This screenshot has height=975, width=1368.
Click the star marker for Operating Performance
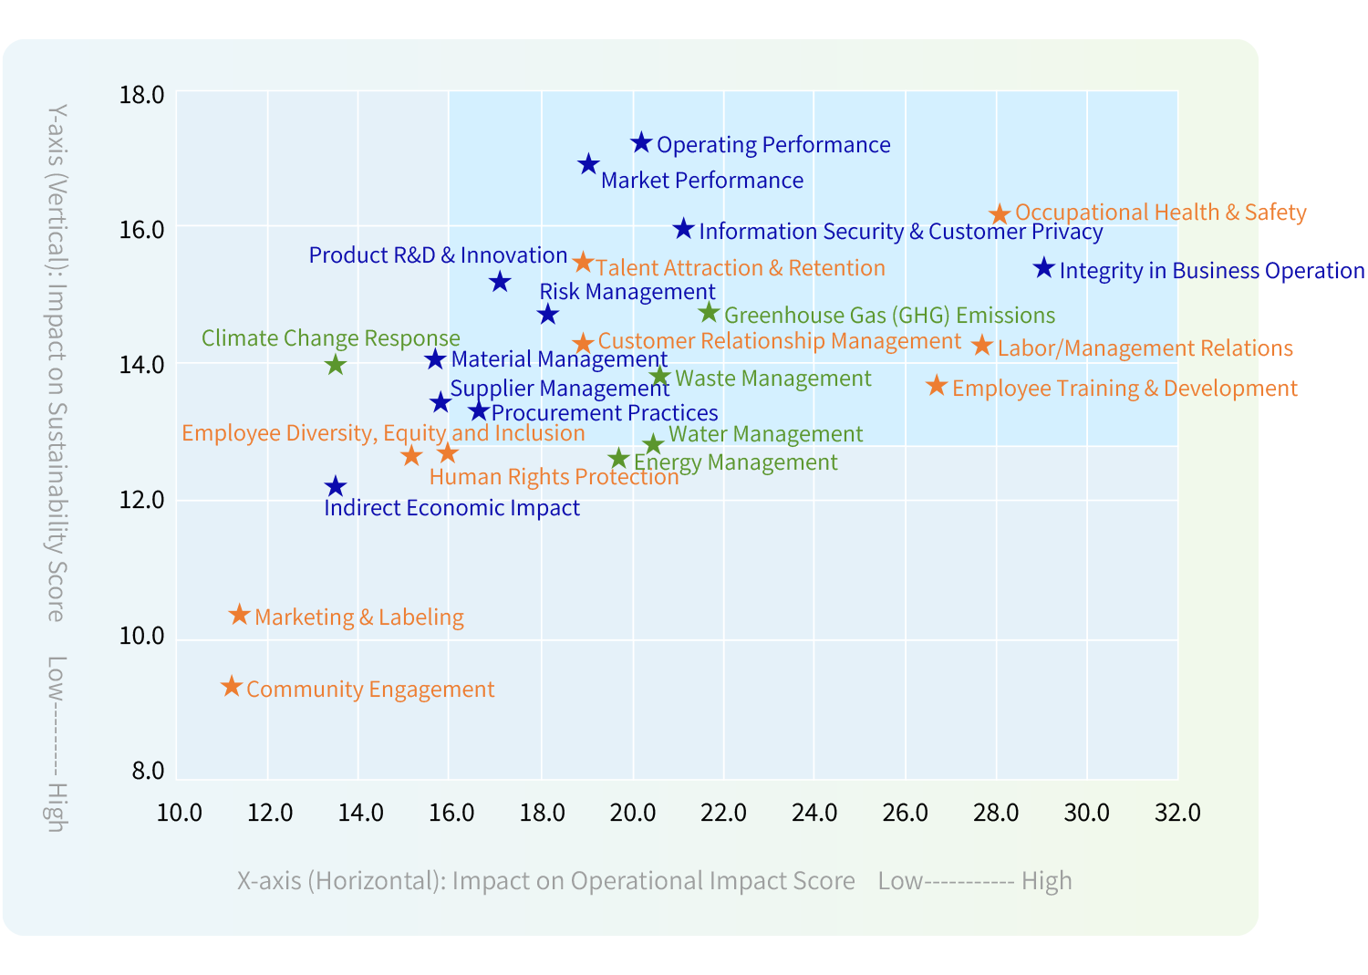point(641,143)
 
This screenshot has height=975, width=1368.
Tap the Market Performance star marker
point(588,164)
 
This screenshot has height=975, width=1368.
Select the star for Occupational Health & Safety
point(1000,214)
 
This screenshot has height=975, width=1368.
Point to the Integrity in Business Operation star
point(1044,268)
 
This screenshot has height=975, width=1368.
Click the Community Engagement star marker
point(232,687)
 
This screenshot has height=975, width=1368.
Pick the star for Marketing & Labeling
point(239,615)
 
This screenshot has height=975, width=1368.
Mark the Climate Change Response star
point(336,365)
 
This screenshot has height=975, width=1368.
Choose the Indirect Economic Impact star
point(336,487)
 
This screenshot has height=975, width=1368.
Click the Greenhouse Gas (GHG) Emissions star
point(709,314)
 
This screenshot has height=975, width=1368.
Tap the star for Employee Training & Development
point(937,386)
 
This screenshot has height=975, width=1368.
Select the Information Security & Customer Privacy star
point(683,229)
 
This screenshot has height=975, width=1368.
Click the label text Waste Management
point(773,379)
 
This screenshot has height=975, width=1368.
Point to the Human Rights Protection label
point(554,477)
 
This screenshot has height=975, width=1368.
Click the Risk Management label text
point(627,292)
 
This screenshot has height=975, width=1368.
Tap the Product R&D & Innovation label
point(438,255)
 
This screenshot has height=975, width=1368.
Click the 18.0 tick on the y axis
point(141,95)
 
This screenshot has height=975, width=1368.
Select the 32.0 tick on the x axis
point(1177,813)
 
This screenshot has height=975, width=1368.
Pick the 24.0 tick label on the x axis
point(814,813)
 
